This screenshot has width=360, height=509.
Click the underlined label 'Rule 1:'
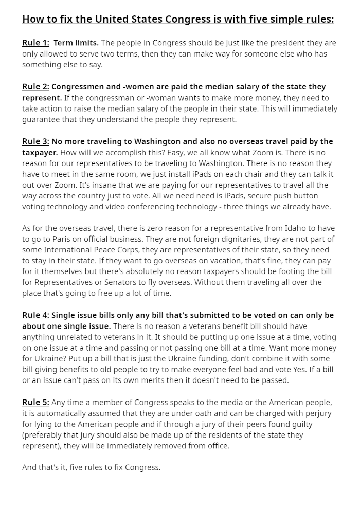click(35, 43)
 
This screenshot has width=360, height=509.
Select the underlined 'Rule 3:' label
click(35, 141)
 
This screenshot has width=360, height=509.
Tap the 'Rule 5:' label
click(35, 402)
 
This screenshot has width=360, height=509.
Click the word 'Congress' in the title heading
click(184, 20)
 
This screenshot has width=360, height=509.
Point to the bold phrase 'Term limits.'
click(76, 43)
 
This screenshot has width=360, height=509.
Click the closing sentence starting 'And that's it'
click(91, 467)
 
